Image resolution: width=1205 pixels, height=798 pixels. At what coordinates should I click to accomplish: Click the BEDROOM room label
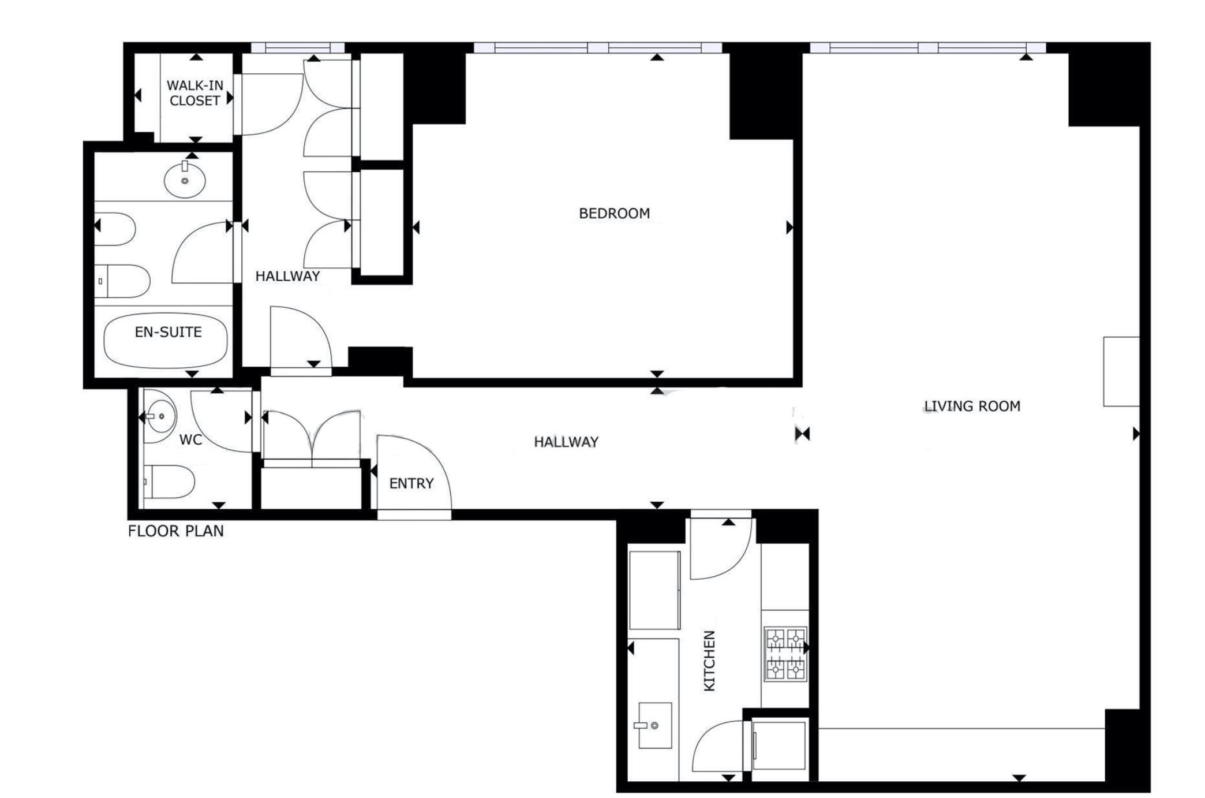[614, 214]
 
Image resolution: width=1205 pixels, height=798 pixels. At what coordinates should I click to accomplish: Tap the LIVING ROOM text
[972, 407]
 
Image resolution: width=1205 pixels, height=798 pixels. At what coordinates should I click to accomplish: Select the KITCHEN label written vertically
[709, 661]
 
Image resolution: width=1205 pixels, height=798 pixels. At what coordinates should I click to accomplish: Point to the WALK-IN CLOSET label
[195, 93]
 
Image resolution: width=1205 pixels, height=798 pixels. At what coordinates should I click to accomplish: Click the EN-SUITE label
[169, 333]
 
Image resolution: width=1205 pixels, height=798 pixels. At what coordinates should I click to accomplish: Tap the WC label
[190, 440]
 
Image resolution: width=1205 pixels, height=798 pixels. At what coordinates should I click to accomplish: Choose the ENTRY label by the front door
[411, 484]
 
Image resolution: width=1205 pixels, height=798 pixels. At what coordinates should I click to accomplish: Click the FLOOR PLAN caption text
[176, 531]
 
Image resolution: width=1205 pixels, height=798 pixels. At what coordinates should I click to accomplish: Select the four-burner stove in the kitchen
[785, 655]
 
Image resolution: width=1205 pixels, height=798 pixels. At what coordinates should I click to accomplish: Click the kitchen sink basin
[655, 725]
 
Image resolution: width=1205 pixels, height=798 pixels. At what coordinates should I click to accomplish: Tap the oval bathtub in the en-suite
[166, 340]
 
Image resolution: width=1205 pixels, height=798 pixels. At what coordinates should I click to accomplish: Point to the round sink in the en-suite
[185, 180]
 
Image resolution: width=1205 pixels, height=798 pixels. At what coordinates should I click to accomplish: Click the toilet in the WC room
[169, 482]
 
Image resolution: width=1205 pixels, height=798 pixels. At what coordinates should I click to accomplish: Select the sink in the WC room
[159, 416]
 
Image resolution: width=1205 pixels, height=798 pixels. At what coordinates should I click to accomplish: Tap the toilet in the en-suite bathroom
[122, 281]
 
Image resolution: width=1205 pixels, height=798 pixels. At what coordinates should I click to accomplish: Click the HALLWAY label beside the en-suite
[287, 277]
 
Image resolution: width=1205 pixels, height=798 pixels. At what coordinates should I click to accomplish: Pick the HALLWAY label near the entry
[566, 442]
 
